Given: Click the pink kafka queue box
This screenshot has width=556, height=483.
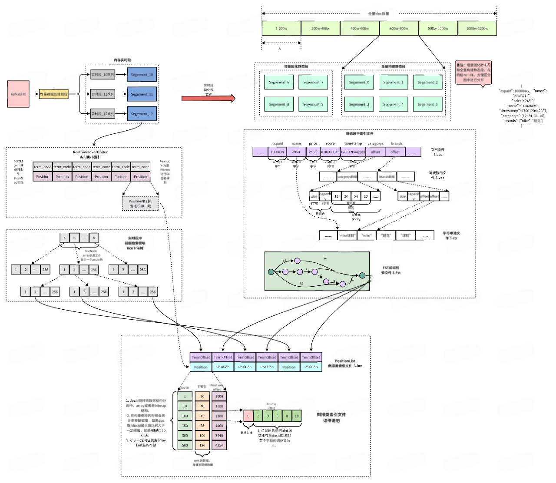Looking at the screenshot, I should pyautogui.click(x=18, y=94).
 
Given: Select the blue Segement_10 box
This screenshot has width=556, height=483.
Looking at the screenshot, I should pyautogui.click(x=142, y=75).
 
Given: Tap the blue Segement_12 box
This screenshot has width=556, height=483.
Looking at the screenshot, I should pyautogui.click(x=142, y=114).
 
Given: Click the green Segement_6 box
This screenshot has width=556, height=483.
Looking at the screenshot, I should pyautogui.click(x=279, y=82).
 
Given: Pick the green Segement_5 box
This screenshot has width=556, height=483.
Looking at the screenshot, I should pyautogui.click(x=427, y=104).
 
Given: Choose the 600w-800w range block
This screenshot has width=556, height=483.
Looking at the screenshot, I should pyautogui.click(x=399, y=28).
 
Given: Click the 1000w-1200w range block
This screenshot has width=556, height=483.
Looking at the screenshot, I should pyautogui.click(x=477, y=28).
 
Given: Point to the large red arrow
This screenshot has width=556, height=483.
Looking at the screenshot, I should pyautogui.click(x=208, y=98).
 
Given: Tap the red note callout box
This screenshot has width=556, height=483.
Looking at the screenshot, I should pyautogui.click(x=473, y=73).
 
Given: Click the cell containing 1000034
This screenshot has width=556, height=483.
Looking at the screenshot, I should pyautogui.click(x=277, y=152).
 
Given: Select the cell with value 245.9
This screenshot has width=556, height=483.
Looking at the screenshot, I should pyautogui.click(x=313, y=152).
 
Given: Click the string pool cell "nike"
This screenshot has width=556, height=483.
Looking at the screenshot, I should pyautogui.click(x=367, y=235).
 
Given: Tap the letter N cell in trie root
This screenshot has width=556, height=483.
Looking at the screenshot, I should pyautogui.click(x=94, y=238).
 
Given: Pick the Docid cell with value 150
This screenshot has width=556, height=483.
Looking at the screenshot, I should pyautogui.click(x=185, y=426).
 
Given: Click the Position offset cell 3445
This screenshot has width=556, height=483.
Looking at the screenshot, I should pyautogui.click(x=219, y=435).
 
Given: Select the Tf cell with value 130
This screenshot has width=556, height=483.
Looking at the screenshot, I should pyautogui.click(x=202, y=445).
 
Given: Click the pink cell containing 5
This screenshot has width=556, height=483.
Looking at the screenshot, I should pyautogui.click(x=248, y=416).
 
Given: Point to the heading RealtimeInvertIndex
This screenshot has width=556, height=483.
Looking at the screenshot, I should pyautogui.click(x=90, y=152).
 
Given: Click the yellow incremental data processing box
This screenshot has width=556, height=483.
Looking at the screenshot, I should pyautogui.click(x=54, y=94).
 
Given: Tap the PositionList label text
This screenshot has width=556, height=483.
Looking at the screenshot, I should pyautogui.click(x=345, y=361).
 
